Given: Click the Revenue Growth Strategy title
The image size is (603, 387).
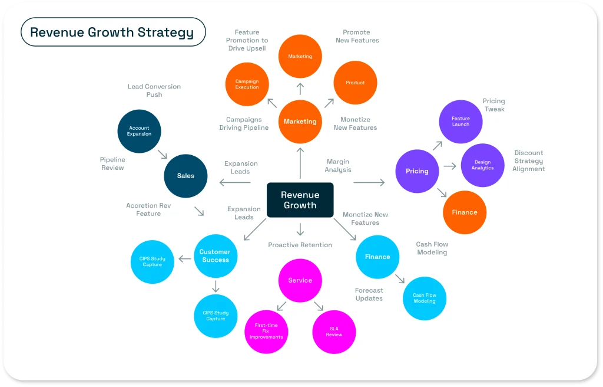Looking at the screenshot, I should (112, 32).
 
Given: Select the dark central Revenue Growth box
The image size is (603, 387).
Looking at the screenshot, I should (300, 200).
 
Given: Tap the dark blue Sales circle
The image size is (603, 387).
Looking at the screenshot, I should (185, 175).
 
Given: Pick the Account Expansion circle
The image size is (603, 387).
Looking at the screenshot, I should (139, 131).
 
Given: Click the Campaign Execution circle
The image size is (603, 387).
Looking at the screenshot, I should (247, 84).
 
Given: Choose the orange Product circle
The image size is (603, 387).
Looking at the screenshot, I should (355, 83).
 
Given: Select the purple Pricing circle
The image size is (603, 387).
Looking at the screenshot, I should (417, 171).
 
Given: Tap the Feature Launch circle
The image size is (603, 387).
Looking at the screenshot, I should (461, 122).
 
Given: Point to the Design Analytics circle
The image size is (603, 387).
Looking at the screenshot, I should (482, 165).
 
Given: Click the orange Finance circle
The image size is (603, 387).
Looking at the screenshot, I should (465, 212).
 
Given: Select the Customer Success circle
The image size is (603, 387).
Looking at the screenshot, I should (216, 255).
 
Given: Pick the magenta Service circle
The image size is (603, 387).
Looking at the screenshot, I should (300, 280).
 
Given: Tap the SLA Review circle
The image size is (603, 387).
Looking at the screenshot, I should (334, 332).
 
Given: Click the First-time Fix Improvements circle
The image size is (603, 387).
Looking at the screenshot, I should (266, 332).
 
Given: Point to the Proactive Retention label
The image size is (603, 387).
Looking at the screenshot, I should (300, 245).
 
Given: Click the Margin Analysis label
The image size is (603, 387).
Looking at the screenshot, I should (338, 166).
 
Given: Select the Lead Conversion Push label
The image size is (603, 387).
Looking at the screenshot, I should (154, 90).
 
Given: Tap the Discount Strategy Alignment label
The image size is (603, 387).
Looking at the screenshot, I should (529, 160).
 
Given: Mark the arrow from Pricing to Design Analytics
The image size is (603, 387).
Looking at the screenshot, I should (450, 166).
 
